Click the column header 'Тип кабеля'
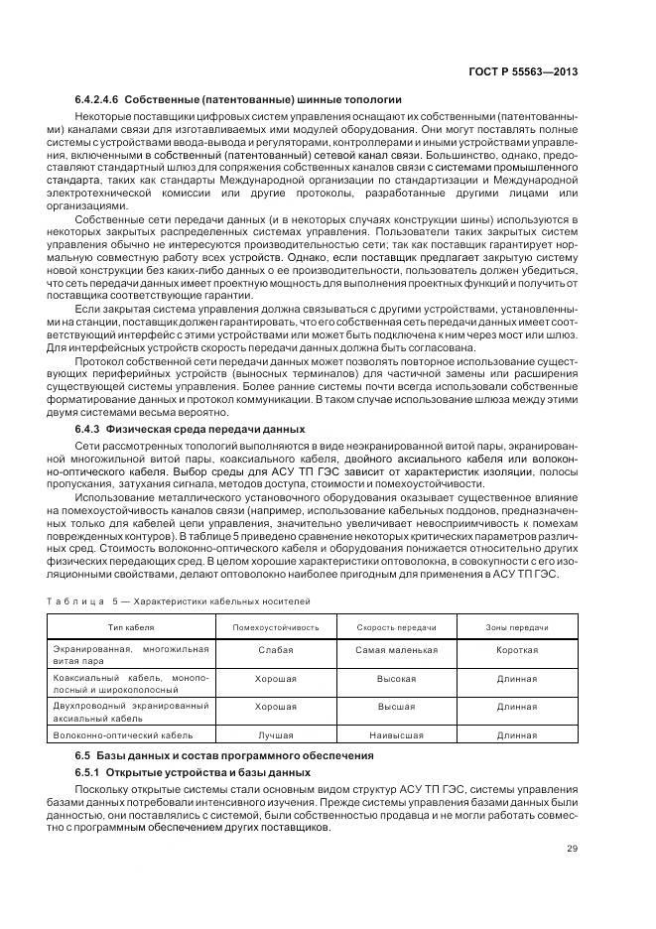(x=131, y=628)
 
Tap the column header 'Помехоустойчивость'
(x=275, y=628)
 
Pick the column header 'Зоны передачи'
(x=516, y=628)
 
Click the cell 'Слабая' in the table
(x=275, y=650)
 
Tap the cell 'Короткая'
(x=516, y=650)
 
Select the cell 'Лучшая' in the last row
(x=275, y=735)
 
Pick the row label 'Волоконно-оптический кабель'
(x=123, y=735)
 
